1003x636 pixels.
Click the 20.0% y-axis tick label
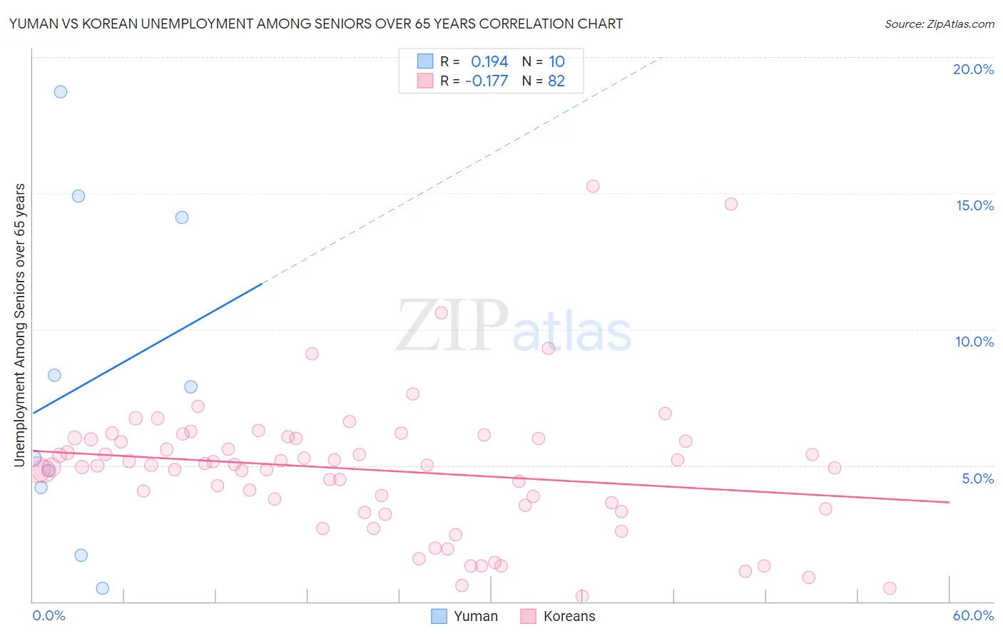click(x=973, y=69)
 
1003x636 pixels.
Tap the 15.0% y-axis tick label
click(x=974, y=205)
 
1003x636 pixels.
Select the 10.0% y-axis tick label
click(x=974, y=342)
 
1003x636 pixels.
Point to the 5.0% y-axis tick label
click(x=977, y=478)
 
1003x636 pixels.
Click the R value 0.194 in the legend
click(x=489, y=62)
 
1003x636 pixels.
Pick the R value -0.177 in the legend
click(x=487, y=81)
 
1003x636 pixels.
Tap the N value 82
click(x=556, y=81)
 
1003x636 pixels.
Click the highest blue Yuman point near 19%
click(x=61, y=92)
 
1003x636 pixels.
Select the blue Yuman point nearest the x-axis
click(x=103, y=588)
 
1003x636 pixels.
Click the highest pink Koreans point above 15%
click(x=593, y=186)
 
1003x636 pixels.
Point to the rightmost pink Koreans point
click(x=890, y=588)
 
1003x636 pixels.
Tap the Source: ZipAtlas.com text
click(x=940, y=24)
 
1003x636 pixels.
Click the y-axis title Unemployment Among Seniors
click(x=20, y=325)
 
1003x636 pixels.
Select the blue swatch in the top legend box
click(x=425, y=61)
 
